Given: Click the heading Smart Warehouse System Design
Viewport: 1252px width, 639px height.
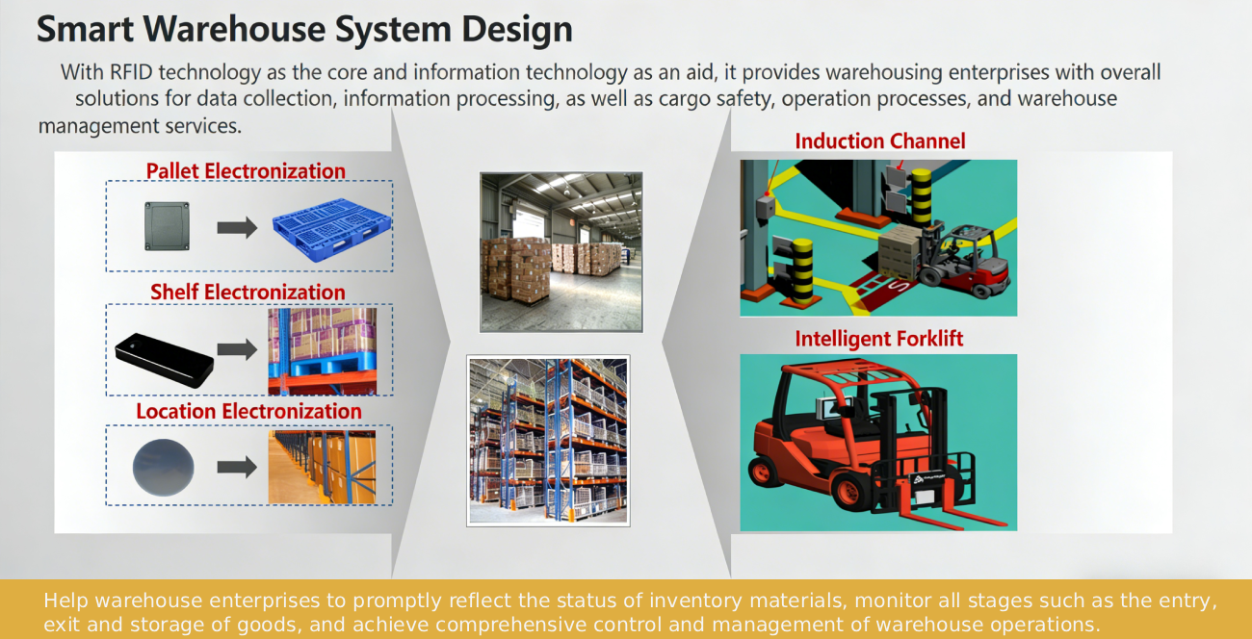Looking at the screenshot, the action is pyautogui.click(x=304, y=29).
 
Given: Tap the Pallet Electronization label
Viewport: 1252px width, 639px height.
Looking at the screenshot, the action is pyautogui.click(x=246, y=171).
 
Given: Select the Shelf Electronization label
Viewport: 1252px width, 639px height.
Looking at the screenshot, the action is pyautogui.click(x=248, y=292).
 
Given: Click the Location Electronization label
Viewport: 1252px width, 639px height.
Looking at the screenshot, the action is pyautogui.click(x=248, y=411).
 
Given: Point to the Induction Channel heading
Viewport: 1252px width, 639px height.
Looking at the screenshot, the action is pyautogui.click(x=879, y=141).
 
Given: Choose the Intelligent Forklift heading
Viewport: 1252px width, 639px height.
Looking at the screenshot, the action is pyautogui.click(x=878, y=339).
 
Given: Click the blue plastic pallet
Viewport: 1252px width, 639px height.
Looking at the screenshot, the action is pyautogui.click(x=332, y=229).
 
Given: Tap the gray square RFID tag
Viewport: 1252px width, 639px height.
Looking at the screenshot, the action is pyautogui.click(x=167, y=226).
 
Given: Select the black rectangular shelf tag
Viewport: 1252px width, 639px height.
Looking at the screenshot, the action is pyautogui.click(x=165, y=360).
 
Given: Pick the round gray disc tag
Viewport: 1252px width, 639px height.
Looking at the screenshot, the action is pyautogui.click(x=163, y=467).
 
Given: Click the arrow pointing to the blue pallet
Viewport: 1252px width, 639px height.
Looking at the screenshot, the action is pyautogui.click(x=237, y=227).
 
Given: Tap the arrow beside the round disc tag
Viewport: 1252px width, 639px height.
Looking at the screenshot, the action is pyautogui.click(x=237, y=467).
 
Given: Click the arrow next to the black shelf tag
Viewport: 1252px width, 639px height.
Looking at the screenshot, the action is pyautogui.click(x=237, y=349).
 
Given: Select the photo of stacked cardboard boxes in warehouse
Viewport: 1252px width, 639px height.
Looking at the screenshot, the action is pyautogui.click(x=561, y=252).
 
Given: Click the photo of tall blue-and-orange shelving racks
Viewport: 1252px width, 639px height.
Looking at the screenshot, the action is pyautogui.click(x=548, y=441).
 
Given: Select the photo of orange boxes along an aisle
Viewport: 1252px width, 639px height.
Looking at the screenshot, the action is pyautogui.click(x=322, y=467).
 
